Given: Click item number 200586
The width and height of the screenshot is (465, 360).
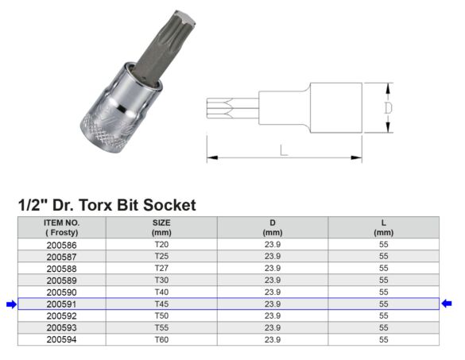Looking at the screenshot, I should [61, 246].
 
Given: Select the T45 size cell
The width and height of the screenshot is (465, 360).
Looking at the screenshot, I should [161, 304].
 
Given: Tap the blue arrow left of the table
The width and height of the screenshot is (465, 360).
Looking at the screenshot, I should [10, 304].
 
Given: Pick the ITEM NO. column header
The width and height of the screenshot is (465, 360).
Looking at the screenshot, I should [61, 227].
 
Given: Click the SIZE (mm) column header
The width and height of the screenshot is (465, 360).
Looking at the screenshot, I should [161, 227].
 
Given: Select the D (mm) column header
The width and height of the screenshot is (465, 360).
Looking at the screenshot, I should [273, 227].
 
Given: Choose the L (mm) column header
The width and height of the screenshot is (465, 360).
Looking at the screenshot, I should [383, 227].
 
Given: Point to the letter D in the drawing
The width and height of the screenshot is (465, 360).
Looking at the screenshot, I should [388, 107].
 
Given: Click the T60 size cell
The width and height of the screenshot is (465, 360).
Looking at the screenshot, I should [161, 339].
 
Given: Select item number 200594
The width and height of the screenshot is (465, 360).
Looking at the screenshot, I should [61, 339].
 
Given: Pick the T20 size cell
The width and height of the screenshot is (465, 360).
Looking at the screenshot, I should [161, 246].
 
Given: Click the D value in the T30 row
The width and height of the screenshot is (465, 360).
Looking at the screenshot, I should [273, 281].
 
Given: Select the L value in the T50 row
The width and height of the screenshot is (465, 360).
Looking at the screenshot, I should [383, 315].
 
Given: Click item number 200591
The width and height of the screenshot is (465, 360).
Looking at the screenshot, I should [61, 304].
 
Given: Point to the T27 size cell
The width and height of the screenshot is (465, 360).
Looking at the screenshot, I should [161, 269].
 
